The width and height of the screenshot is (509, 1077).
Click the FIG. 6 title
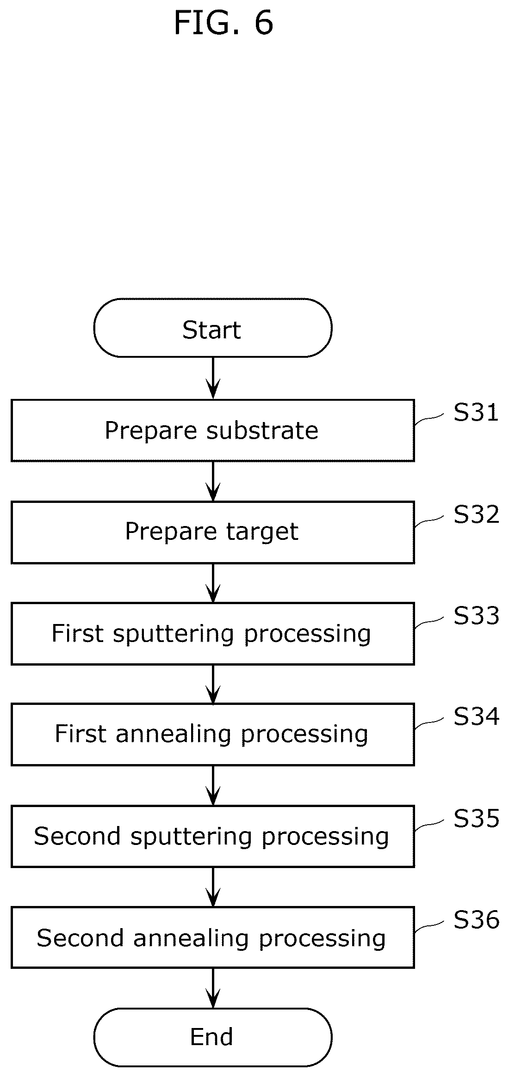(223, 23)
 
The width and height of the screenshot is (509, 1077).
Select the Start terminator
(212, 328)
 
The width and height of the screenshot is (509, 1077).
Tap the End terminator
(212, 1037)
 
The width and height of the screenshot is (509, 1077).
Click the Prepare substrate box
(212, 430)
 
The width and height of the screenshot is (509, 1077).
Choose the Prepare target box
(212, 532)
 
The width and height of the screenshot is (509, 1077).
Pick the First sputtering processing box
(212, 633)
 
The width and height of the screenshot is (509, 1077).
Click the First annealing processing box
(212, 734)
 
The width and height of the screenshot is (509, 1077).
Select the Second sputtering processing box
(212, 836)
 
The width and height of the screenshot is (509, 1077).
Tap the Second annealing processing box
(212, 937)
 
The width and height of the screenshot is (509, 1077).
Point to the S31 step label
(476, 413)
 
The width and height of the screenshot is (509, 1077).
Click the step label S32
(476, 514)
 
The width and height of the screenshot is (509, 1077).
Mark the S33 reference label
(476, 616)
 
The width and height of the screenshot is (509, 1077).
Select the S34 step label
(476, 717)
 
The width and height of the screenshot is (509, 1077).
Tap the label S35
(476, 819)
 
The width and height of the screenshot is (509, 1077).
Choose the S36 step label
(476, 920)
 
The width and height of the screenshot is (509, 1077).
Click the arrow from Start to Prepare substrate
(213, 378)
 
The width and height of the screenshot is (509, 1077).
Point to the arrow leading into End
(213, 988)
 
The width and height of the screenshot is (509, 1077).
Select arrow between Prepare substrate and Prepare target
(213, 481)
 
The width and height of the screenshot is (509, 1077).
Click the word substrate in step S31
(262, 431)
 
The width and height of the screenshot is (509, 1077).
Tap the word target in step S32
(262, 532)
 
